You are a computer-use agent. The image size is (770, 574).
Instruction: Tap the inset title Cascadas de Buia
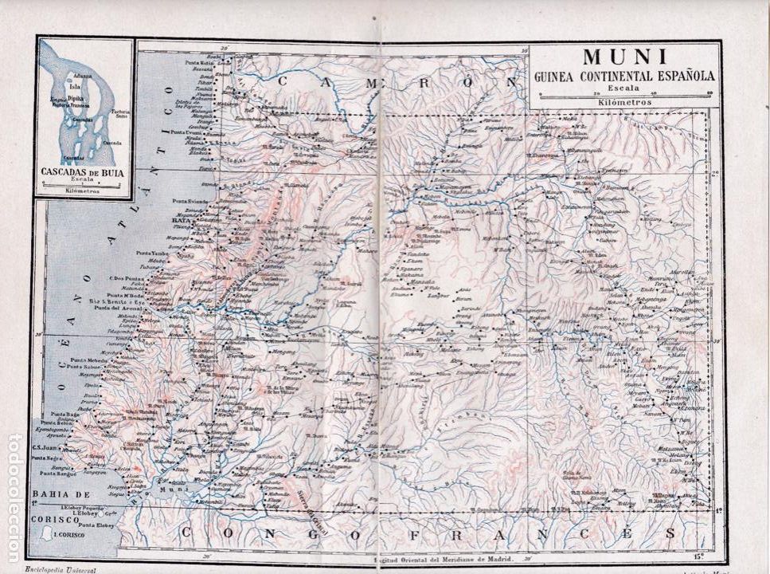[x=83, y=171]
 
